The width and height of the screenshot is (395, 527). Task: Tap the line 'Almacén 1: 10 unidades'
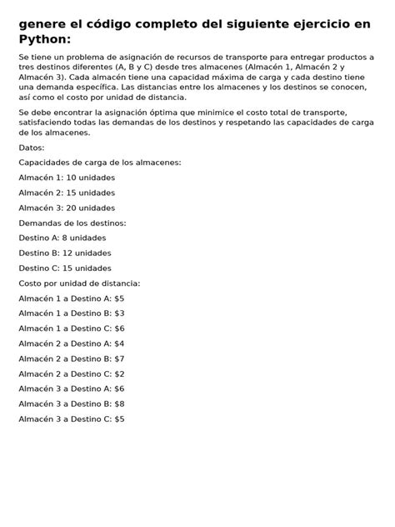click(x=67, y=178)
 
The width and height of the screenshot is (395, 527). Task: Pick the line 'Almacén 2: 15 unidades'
click(x=67, y=193)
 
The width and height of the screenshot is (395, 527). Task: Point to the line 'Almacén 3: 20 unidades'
click(x=67, y=208)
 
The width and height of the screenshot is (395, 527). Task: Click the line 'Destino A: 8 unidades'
click(x=63, y=238)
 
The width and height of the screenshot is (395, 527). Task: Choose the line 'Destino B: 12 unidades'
click(x=65, y=253)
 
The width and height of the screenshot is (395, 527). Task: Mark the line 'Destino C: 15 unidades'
click(x=65, y=268)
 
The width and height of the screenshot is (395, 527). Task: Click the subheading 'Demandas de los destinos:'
click(x=72, y=223)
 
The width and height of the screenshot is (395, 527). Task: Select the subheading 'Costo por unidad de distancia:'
click(x=79, y=283)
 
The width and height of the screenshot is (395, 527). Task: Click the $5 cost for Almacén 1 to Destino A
click(x=119, y=298)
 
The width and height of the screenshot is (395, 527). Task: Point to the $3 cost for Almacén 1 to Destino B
click(x=119, y=313)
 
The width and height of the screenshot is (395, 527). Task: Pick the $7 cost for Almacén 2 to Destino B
click(x=119, y=358)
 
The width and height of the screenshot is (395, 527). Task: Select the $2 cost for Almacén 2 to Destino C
click(x=119, y=374)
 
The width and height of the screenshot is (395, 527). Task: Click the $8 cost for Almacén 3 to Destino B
click(x=119, y=404)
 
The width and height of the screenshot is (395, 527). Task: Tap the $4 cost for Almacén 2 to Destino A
click(x=119, y=343)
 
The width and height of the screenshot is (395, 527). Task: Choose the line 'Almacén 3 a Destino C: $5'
click(x=71, y=419)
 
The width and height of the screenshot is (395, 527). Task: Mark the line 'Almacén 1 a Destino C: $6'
click(x=71, y=328)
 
